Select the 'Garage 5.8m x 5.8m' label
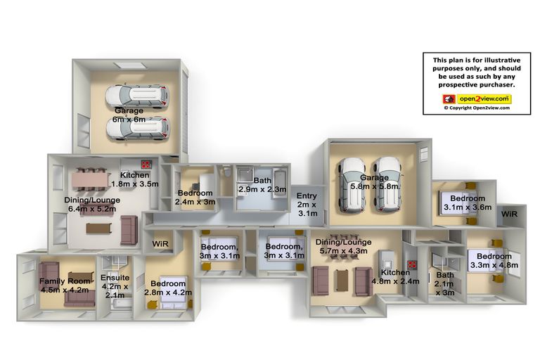(x=374, y=182)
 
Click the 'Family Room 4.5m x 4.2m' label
(x=63, y=285)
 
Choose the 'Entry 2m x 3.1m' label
(x=306, y=205)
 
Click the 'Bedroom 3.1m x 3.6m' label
(x=468, y=203)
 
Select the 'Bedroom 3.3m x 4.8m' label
(x=496, y=260)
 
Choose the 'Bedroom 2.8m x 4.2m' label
(x=167, y=288)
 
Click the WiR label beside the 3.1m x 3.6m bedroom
(x=510, y=213)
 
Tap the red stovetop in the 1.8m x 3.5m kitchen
(x=147, y=165)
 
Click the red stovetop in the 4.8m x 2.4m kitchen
(x=413, y=265)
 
